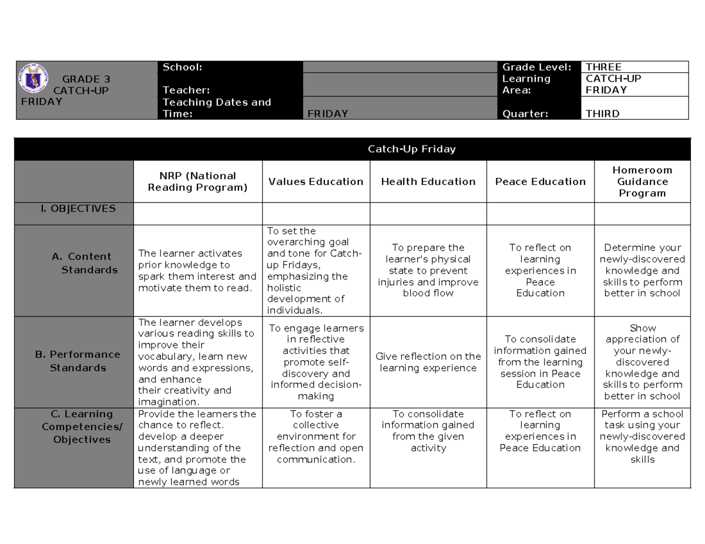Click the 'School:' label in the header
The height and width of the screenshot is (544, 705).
[182, 67]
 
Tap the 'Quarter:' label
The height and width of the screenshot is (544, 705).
[525, 114]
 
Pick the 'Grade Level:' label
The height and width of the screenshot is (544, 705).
[536, 67]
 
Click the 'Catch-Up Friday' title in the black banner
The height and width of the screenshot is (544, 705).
[411, 149]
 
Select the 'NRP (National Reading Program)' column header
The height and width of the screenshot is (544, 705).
[198, 181]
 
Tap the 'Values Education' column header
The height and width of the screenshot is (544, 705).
[316, 181]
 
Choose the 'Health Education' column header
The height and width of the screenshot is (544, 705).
[428, 181]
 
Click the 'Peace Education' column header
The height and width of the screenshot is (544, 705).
[540, 181]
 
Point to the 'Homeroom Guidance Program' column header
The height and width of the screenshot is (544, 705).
[642, 181]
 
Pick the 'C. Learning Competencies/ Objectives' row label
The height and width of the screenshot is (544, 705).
[82, 427]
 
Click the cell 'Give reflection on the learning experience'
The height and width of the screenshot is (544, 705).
[428, 362]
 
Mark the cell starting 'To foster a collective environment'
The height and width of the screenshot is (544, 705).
[316, 437]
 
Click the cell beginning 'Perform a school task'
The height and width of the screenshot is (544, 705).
[642, 437]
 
